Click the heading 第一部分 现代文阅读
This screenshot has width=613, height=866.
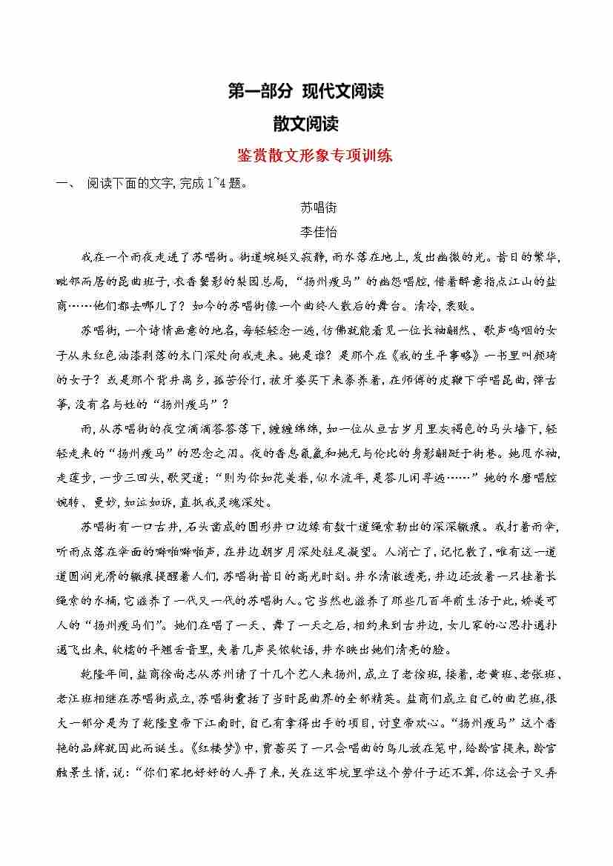point(306,92)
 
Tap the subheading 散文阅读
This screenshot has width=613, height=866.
point(306,124)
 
